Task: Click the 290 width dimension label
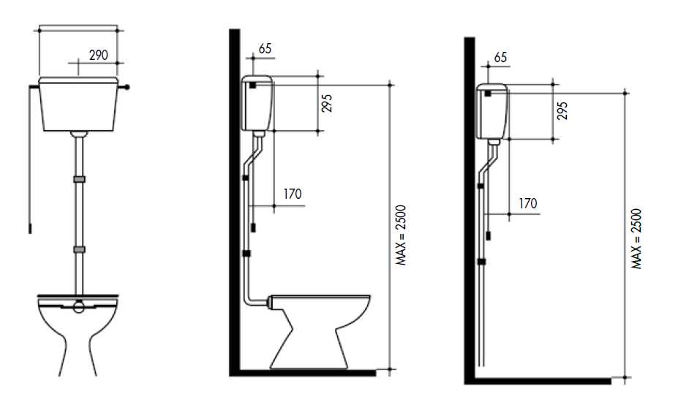(x=99, y=55)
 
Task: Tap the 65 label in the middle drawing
(x=265, y=48)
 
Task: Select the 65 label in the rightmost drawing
(x=500, y=57)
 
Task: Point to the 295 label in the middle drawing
(x=327, y=103)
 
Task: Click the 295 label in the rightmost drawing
(x=562, y=111)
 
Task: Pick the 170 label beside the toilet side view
(x=293, y=194)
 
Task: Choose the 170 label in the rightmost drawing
(x=528, y=203)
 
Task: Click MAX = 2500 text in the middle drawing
(x=402, y=235)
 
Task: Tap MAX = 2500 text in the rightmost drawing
(x=637, y=239)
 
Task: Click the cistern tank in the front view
(x=79, y=105)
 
